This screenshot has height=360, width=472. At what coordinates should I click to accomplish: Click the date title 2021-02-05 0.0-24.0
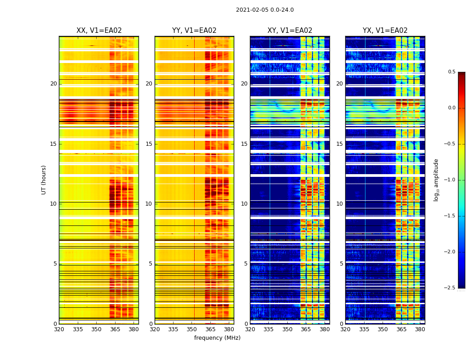(265, 10)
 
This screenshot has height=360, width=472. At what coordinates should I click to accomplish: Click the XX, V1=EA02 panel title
(99, 31)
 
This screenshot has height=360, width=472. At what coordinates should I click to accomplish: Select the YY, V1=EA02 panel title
(194, 31)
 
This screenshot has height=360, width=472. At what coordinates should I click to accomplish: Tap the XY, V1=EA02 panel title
(289, 31)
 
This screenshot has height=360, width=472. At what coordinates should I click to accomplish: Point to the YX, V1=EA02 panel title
(385, 31)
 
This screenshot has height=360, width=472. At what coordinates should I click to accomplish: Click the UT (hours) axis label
(44, 180)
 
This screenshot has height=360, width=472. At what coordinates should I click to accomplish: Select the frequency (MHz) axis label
(217, 338)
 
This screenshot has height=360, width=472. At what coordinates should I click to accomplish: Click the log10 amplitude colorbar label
(436, 180)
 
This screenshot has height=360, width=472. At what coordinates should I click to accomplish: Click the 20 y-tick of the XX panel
(53, 84)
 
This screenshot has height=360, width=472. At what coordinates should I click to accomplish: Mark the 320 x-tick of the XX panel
(59, 329)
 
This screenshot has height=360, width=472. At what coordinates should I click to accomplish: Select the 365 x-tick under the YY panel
(210, 329)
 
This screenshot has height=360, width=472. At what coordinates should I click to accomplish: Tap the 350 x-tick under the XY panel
(287, 329)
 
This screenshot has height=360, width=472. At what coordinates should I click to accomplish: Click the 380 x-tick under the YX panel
(420, 329)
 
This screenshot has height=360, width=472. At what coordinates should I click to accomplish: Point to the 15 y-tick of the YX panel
(340, 144)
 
